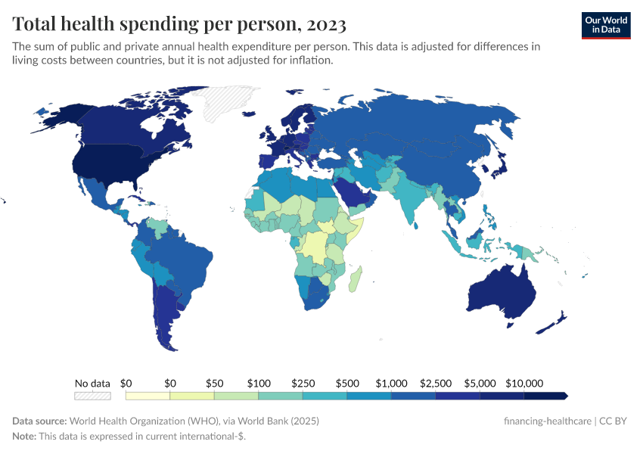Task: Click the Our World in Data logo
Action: (606, 25)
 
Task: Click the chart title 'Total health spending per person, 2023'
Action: (179, 24)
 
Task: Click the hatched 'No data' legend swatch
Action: (92, 395)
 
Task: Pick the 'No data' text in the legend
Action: (92, 383)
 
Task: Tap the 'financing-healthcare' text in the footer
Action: (548, 421)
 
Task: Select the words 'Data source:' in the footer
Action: (39, 421)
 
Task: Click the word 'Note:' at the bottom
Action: (26, 437)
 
